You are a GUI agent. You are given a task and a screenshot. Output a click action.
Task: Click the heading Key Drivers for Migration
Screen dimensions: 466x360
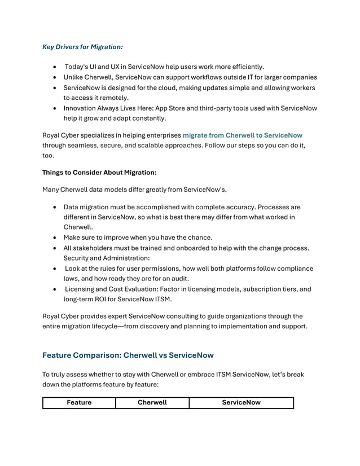(x=83, y=47)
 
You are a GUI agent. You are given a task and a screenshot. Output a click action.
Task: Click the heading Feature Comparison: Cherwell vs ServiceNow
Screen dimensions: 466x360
(x=128, y=355)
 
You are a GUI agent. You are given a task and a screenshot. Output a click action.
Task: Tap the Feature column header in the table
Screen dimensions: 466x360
(x=79, y=403)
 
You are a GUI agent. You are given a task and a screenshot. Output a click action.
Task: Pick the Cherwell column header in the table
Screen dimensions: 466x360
(x=152, y=403)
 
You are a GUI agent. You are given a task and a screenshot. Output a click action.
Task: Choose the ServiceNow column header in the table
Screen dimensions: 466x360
(x=241, y=403)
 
